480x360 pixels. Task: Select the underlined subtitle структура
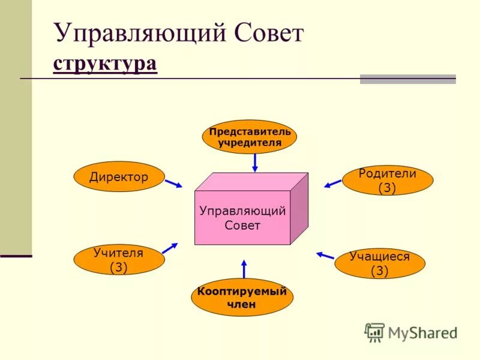(x=105, y=63)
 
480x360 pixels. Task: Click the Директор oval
(x=119, y=176)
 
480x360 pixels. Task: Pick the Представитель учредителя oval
(x=250, y=137)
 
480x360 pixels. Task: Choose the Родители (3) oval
(x=387, y=181)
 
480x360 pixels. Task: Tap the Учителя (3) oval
(x=118, y=260)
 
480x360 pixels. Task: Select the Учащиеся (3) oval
(x=379, y=263)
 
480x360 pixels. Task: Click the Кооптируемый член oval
(x=242, y=298)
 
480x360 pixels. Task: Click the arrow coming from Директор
(x=173, y=183)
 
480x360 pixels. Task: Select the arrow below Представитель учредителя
(x=255, y=162)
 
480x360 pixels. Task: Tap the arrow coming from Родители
(x=332, y=182)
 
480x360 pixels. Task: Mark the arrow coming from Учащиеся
(x=325, y=255)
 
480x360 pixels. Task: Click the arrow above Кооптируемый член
(x=244, y=269)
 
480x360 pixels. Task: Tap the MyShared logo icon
(x=374, y=332)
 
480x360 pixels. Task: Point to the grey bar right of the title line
(x=407, y=79)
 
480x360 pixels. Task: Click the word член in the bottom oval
(x=242, y=304)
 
